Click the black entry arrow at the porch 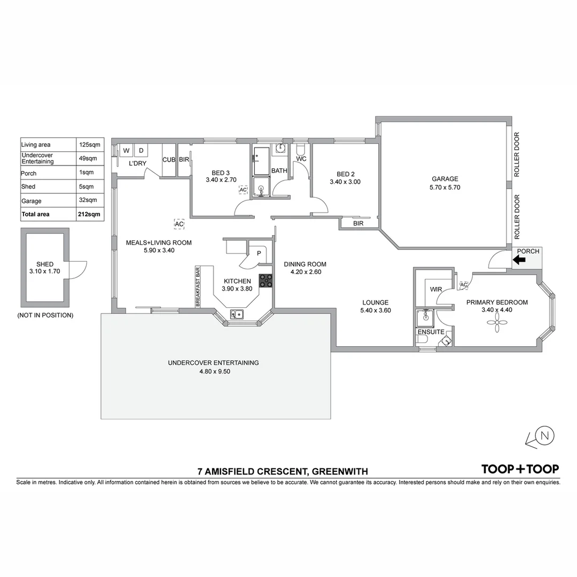pyautogui.click(x=519, y=260)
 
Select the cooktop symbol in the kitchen pyautogui.click(x=266, y=280)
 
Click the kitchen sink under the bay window pyautogui.click(x=237, y=314)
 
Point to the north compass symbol pyautogui.click(x=544, y=436)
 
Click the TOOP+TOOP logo pyautogui.click(x=520, y=469)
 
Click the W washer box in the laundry pyautogui.click(x=126, y=151)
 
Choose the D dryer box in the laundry pyautogui.click(x=141, y=151)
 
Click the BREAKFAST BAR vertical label pyautogui.click(x=197, y=287)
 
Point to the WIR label pyautogui.click(x=436, y=289)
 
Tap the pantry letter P pyautogui.click(x=259, y=254)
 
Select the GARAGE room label pyautogui.click(x=445, y=179)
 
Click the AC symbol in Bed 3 pyautogui.click(x=243, y=190)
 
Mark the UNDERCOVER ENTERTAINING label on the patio pyautogui.click(x=213, y=363)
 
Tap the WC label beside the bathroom pyautogui.click(x=301, y=159)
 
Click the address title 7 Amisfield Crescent pyautogui.click(x=283, y=472)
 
